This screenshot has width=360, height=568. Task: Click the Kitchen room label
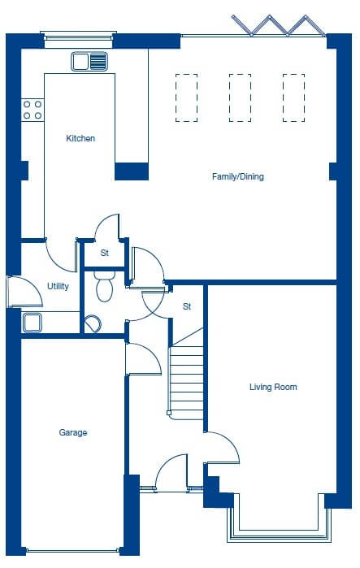pyautogui.click(x=80, y=138)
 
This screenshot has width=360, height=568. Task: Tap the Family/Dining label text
pyautogui.click(x=238, y=177)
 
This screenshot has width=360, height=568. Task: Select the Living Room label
pyautogui.click(x=273, y=387)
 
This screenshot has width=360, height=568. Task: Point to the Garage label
pyautogui.click(x=73, y=432)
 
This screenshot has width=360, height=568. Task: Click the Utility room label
pyautogui.click(x=58, y=286)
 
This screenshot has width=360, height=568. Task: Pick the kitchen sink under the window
pyautogui.click(x=89, y=61)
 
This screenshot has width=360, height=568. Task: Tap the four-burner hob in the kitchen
pyautogui.click(x=33, y=111)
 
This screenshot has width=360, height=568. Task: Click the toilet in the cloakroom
pyautogui.click(x=105, y=286)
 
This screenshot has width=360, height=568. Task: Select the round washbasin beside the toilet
pyautogui.click(x=93, y=324)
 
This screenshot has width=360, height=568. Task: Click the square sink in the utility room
pyautogui.click(x=33, y=323)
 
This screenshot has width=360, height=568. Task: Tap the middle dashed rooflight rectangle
pyautogui.click(x=240, y=98)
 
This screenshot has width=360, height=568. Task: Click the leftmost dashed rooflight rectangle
pyautogui.click(x=187, y=98)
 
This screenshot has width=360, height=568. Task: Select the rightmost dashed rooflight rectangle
pyautogui.click(x=293, y=98)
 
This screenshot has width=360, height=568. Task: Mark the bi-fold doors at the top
pyautogui.click(x=278, y=26)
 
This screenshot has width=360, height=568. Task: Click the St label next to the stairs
pyautogui.click(x=187, y=306)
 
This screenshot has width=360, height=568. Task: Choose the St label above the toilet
pyautogui.click(x=105, y=253)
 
